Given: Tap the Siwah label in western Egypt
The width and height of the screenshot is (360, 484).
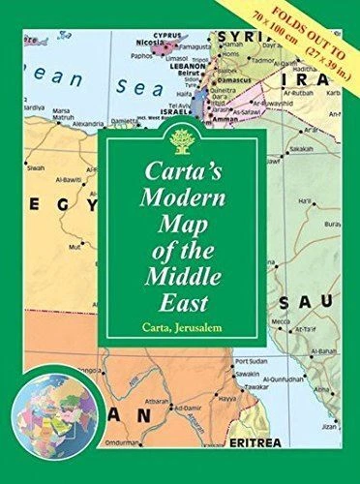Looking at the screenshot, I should click(36, 166).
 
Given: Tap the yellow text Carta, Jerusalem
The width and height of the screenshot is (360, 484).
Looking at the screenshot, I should click(179, 330).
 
